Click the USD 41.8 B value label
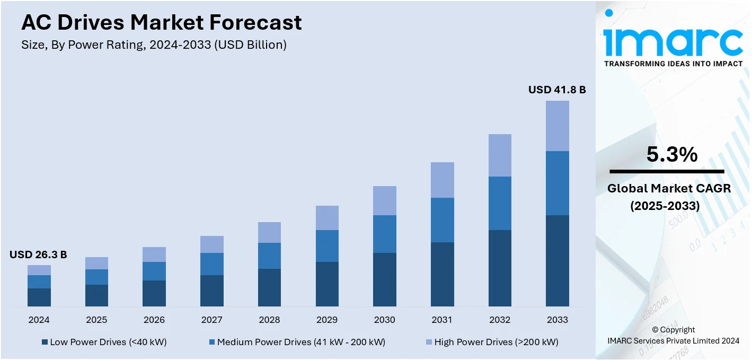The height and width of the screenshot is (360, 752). tap(556, 90)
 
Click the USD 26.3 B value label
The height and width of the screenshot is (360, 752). tap(38, 255)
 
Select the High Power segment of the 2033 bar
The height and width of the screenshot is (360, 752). tap(558, 126)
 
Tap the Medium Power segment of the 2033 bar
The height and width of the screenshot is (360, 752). tap(558, 183)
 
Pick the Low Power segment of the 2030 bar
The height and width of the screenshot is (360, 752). tap(384, 279)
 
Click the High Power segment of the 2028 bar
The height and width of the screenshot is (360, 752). tap(269, 232)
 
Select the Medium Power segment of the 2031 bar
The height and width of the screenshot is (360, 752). tap(442, 220)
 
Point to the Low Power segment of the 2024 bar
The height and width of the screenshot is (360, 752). tap(39, 297)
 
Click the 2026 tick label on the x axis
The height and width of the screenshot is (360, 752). tap(154, 320)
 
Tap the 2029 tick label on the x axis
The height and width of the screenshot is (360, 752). tap(327, 320)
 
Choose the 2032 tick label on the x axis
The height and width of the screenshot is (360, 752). tap(500, 320)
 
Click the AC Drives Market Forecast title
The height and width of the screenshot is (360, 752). tap(161, 22)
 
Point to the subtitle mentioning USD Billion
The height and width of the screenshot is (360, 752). tap(154, 45)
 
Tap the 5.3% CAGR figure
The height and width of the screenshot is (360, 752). tap(671, 154)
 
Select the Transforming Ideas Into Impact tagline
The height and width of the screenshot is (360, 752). tap(673, 64)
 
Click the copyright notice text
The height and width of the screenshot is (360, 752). tap(673, 335)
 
